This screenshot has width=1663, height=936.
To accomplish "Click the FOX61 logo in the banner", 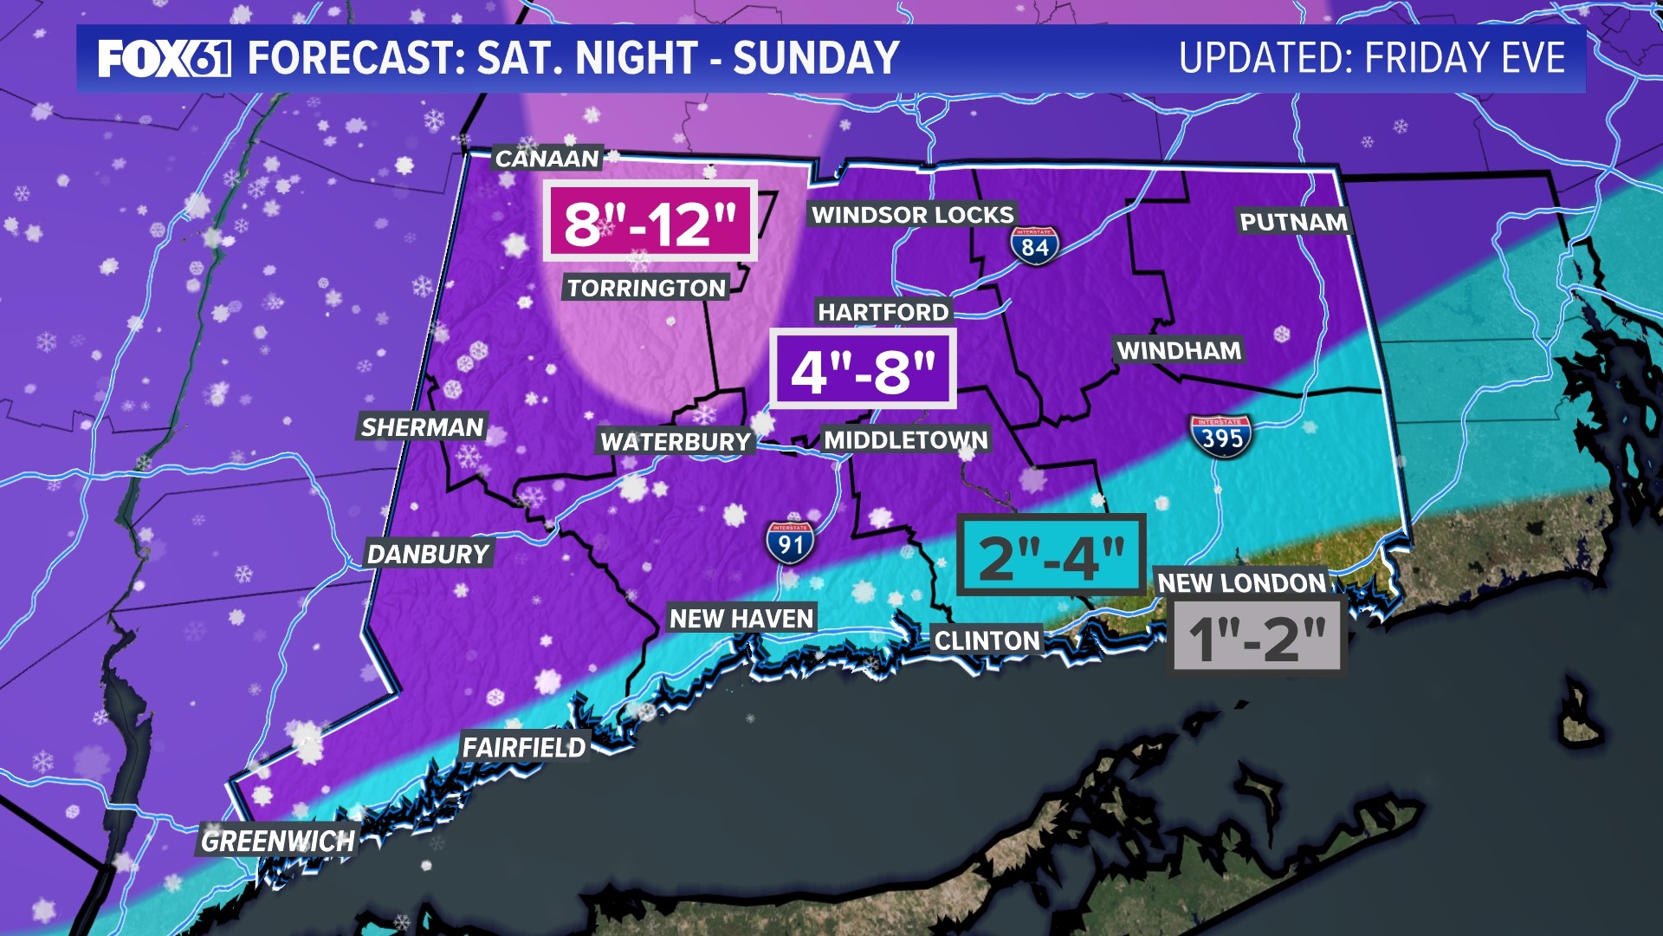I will pyautogui.click(x=164, y=58).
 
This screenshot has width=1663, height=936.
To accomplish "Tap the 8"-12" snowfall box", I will pyautogui.click(x=650, y=222).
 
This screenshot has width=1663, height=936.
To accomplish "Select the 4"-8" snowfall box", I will pyautogui.click(x=864, y=370).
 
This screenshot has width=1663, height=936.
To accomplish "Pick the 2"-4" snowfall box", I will pyautogui.click(x=1052, y=556).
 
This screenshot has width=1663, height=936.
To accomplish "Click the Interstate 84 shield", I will pyautogui.click(x=1034, y=246).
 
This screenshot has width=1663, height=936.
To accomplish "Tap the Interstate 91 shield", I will pyautogui.click(x=790, y=543).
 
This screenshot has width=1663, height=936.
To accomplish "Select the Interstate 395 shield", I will pyautogui.click(x=1221, y=436).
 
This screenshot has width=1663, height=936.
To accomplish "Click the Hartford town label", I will pyautogui.click(x=883, y=312).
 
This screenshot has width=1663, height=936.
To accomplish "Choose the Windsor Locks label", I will pyautogui.click(x=912, y=215).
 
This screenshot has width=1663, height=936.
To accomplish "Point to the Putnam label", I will pyautogui.click(x=1293, y=222).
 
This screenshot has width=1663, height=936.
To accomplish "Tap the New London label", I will pyautogui.click(x=1241, y=582).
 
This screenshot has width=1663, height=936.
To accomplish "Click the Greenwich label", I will pyautogui.click(x=278, y=841).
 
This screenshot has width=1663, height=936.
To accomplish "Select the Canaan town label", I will pyautogui.click(x=547, y=159).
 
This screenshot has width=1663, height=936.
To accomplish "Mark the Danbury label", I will pyautogui.click(x=428, y=554).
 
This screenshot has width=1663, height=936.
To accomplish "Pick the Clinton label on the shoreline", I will pyautogui.click(x=987, y=640).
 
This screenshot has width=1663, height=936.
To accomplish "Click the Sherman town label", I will pyautogui.click(x=422, y=427).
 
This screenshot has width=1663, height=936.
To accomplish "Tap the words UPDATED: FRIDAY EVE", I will pyautogui.click(x=1372, y=58).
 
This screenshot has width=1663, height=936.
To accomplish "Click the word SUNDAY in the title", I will pyautogui.click(x=816, y=58).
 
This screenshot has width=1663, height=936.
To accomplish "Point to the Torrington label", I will pyautogui.click(x=646, y=288).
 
